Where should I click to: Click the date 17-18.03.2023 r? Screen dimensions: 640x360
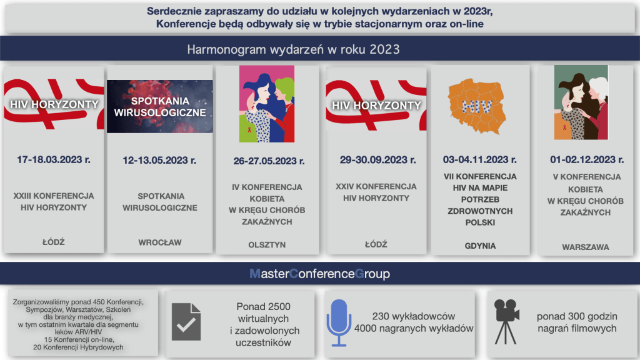pyautogui.click(x=54, y=159)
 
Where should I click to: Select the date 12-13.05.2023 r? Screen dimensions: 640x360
pyautogui.click(x=159, y=161)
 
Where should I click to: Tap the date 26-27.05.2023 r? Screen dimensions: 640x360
pyautogui.click(x=269, y=161)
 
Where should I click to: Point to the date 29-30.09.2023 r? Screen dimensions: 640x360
pyautogui.click(x=378, y=160)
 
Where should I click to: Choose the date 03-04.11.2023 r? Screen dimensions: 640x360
pyautogui.click(x=480, y=159)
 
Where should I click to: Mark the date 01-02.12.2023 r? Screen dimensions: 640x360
pyautogui.click(x=587, y=159)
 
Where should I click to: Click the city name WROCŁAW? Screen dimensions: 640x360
pyautogui.click(x=160, y=242)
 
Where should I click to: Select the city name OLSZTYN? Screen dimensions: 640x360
pyautogui.click(x=267, y=245)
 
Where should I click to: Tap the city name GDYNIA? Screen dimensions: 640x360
pyautogui.click(x=480, y=246)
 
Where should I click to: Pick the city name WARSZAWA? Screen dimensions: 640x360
pyautogui.click(x=585, y=247)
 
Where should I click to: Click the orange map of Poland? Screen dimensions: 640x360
pyautogui.click(x=477, y=106)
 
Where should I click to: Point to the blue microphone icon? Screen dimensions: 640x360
pyautogui.click(x=339, y=323)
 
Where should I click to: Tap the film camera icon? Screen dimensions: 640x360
pyautogui.click(x=506, y=322)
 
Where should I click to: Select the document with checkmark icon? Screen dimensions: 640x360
pyautogui.click(x=186, y=322)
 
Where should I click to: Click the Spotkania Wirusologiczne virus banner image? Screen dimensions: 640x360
pyautogui.click(x=160, y=106)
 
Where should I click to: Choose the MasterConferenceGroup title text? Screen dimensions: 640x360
pyautogui.click(x=319, y=274)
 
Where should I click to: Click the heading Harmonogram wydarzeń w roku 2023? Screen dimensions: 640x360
pyautogui.click(x=294, y=49)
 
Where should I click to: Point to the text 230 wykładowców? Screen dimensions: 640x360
pyautogui.click(x=414, y=316)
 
